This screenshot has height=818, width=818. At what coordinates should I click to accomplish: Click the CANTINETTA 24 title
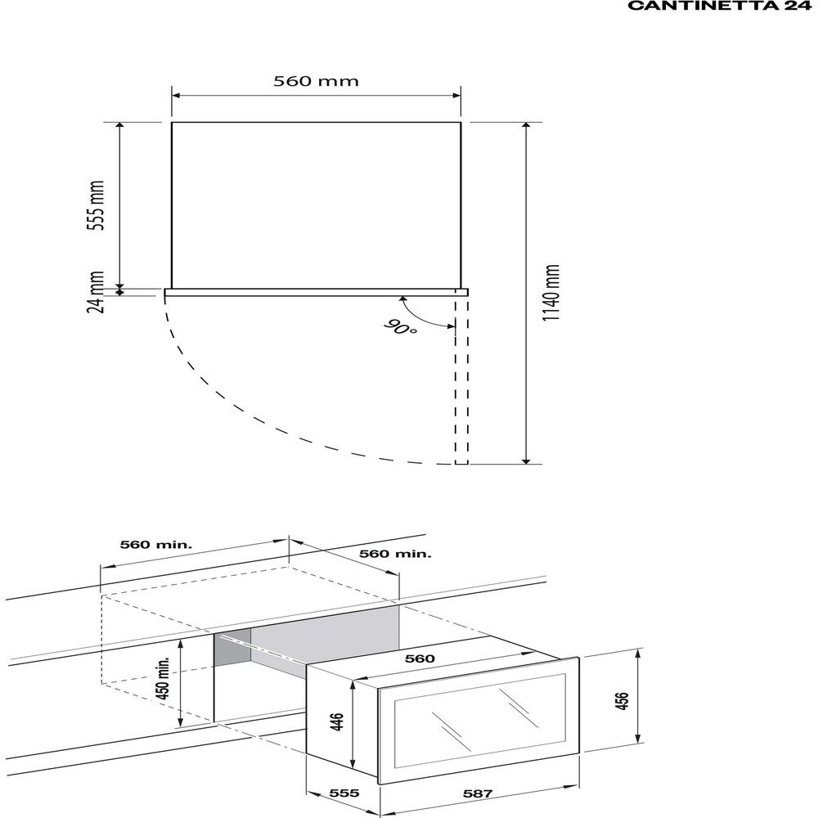click(x=719, y=6)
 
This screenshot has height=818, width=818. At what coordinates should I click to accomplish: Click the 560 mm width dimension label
click(x=316, y=81)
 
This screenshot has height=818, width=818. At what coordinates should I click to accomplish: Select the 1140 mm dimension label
click(x=551, y=293)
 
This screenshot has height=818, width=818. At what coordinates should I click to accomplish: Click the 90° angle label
click(x=401, y=327)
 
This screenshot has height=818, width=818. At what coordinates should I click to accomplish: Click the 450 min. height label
click(x=164, y=678)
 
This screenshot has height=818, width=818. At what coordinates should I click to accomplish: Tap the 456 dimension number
click(x=622, y=701)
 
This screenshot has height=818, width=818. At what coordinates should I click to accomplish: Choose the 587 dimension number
click(x=478, y=793)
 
